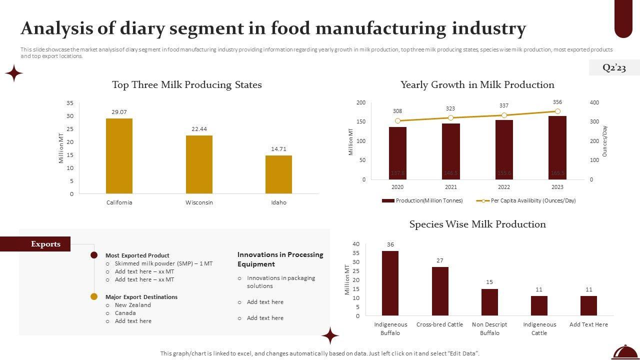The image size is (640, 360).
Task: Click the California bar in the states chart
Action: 119,156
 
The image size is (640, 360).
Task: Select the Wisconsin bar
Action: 199,164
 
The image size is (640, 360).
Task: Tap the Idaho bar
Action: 278,174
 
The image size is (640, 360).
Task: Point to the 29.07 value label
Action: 119,112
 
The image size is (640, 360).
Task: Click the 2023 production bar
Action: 557,148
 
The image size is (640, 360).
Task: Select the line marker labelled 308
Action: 397,121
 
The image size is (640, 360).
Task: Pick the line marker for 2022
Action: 504,115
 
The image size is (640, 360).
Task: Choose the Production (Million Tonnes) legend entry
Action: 422,200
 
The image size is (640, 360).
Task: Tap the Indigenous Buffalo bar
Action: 390,283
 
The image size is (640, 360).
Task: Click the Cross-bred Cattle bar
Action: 440,291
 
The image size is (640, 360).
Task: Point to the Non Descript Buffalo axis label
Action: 489,328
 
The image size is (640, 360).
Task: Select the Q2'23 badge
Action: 614,67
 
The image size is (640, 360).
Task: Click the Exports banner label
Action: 45,244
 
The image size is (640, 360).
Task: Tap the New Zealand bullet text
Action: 132,305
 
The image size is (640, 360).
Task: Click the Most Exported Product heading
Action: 137,255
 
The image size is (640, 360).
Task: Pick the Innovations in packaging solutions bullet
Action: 280,282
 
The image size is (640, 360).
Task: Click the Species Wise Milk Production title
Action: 477,224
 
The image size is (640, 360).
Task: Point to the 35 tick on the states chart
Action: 70,103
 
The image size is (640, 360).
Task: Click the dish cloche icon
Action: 625,352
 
